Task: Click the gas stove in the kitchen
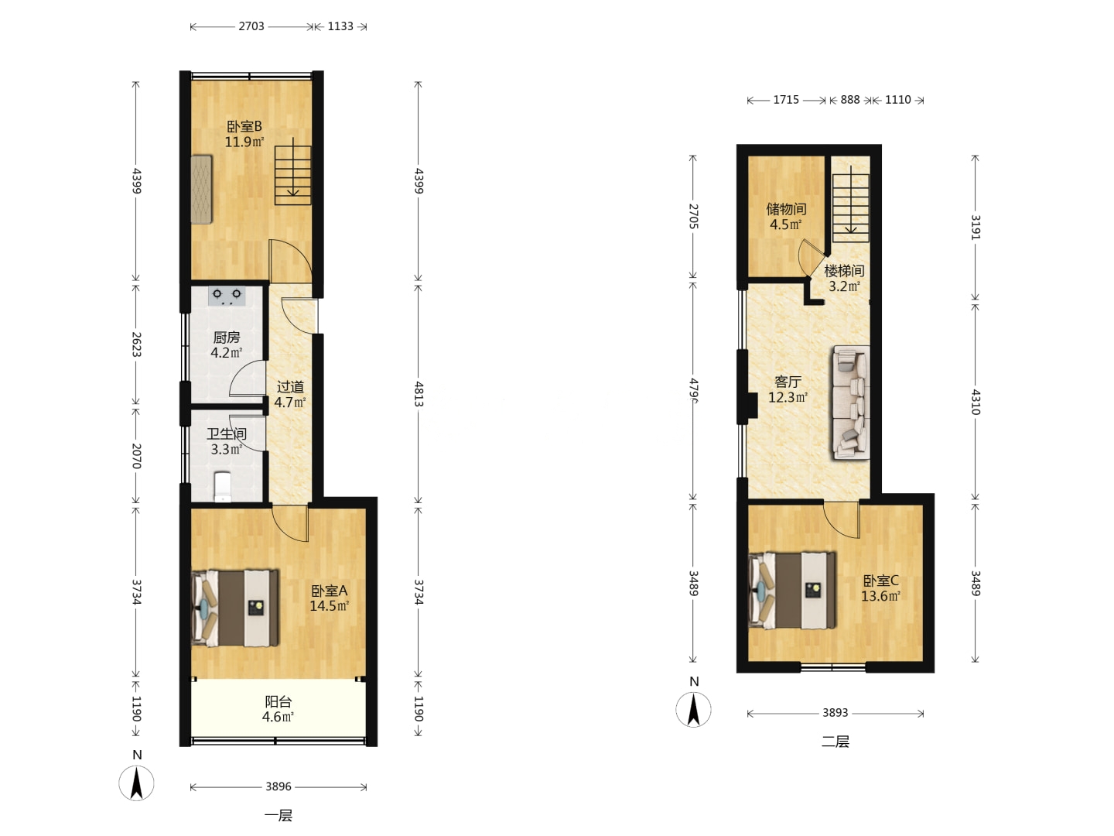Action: [x=227, y=296]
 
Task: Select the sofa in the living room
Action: [x=850, y=403]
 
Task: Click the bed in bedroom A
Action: [x=235, y=608]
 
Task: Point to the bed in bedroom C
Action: [x=792, y=591]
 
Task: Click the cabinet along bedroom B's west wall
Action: [x=201, y=190]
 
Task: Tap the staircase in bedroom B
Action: [x=293, y=175]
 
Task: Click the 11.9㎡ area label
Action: [x=244, y=142]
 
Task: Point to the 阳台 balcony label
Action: [x=278, y=701]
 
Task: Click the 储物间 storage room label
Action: [x=786, y=209]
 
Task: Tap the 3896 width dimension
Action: [x=278, y=786]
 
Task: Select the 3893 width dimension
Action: [x=835, y=713]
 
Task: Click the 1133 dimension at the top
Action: [x=340, y=26]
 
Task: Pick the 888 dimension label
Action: [x=850, y=100]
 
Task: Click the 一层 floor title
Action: [x=278, y=816]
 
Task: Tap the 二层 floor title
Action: [x=835, y=742]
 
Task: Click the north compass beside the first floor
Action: [x=136, y=782]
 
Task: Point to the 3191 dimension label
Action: [x=976, y=227]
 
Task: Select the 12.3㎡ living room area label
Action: [x=788, y=397]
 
